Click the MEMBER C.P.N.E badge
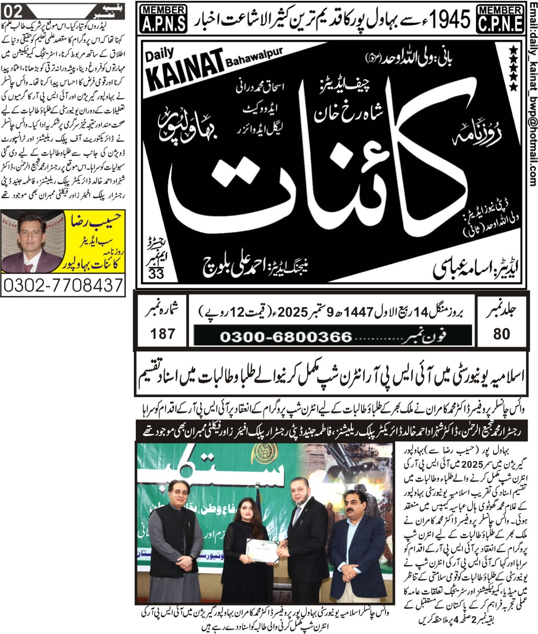click(x=500, y=19)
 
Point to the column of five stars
click(x=513, y=68)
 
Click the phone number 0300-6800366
click(x=286, y=337)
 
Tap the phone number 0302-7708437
click(x=63, y=285)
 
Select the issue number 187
click(x=162, y=334)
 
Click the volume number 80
click(x=502, y=334)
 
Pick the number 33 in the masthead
click(x=156, y=273)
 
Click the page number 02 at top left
click(x=13, y=10)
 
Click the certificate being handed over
click(x=262, y=273)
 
